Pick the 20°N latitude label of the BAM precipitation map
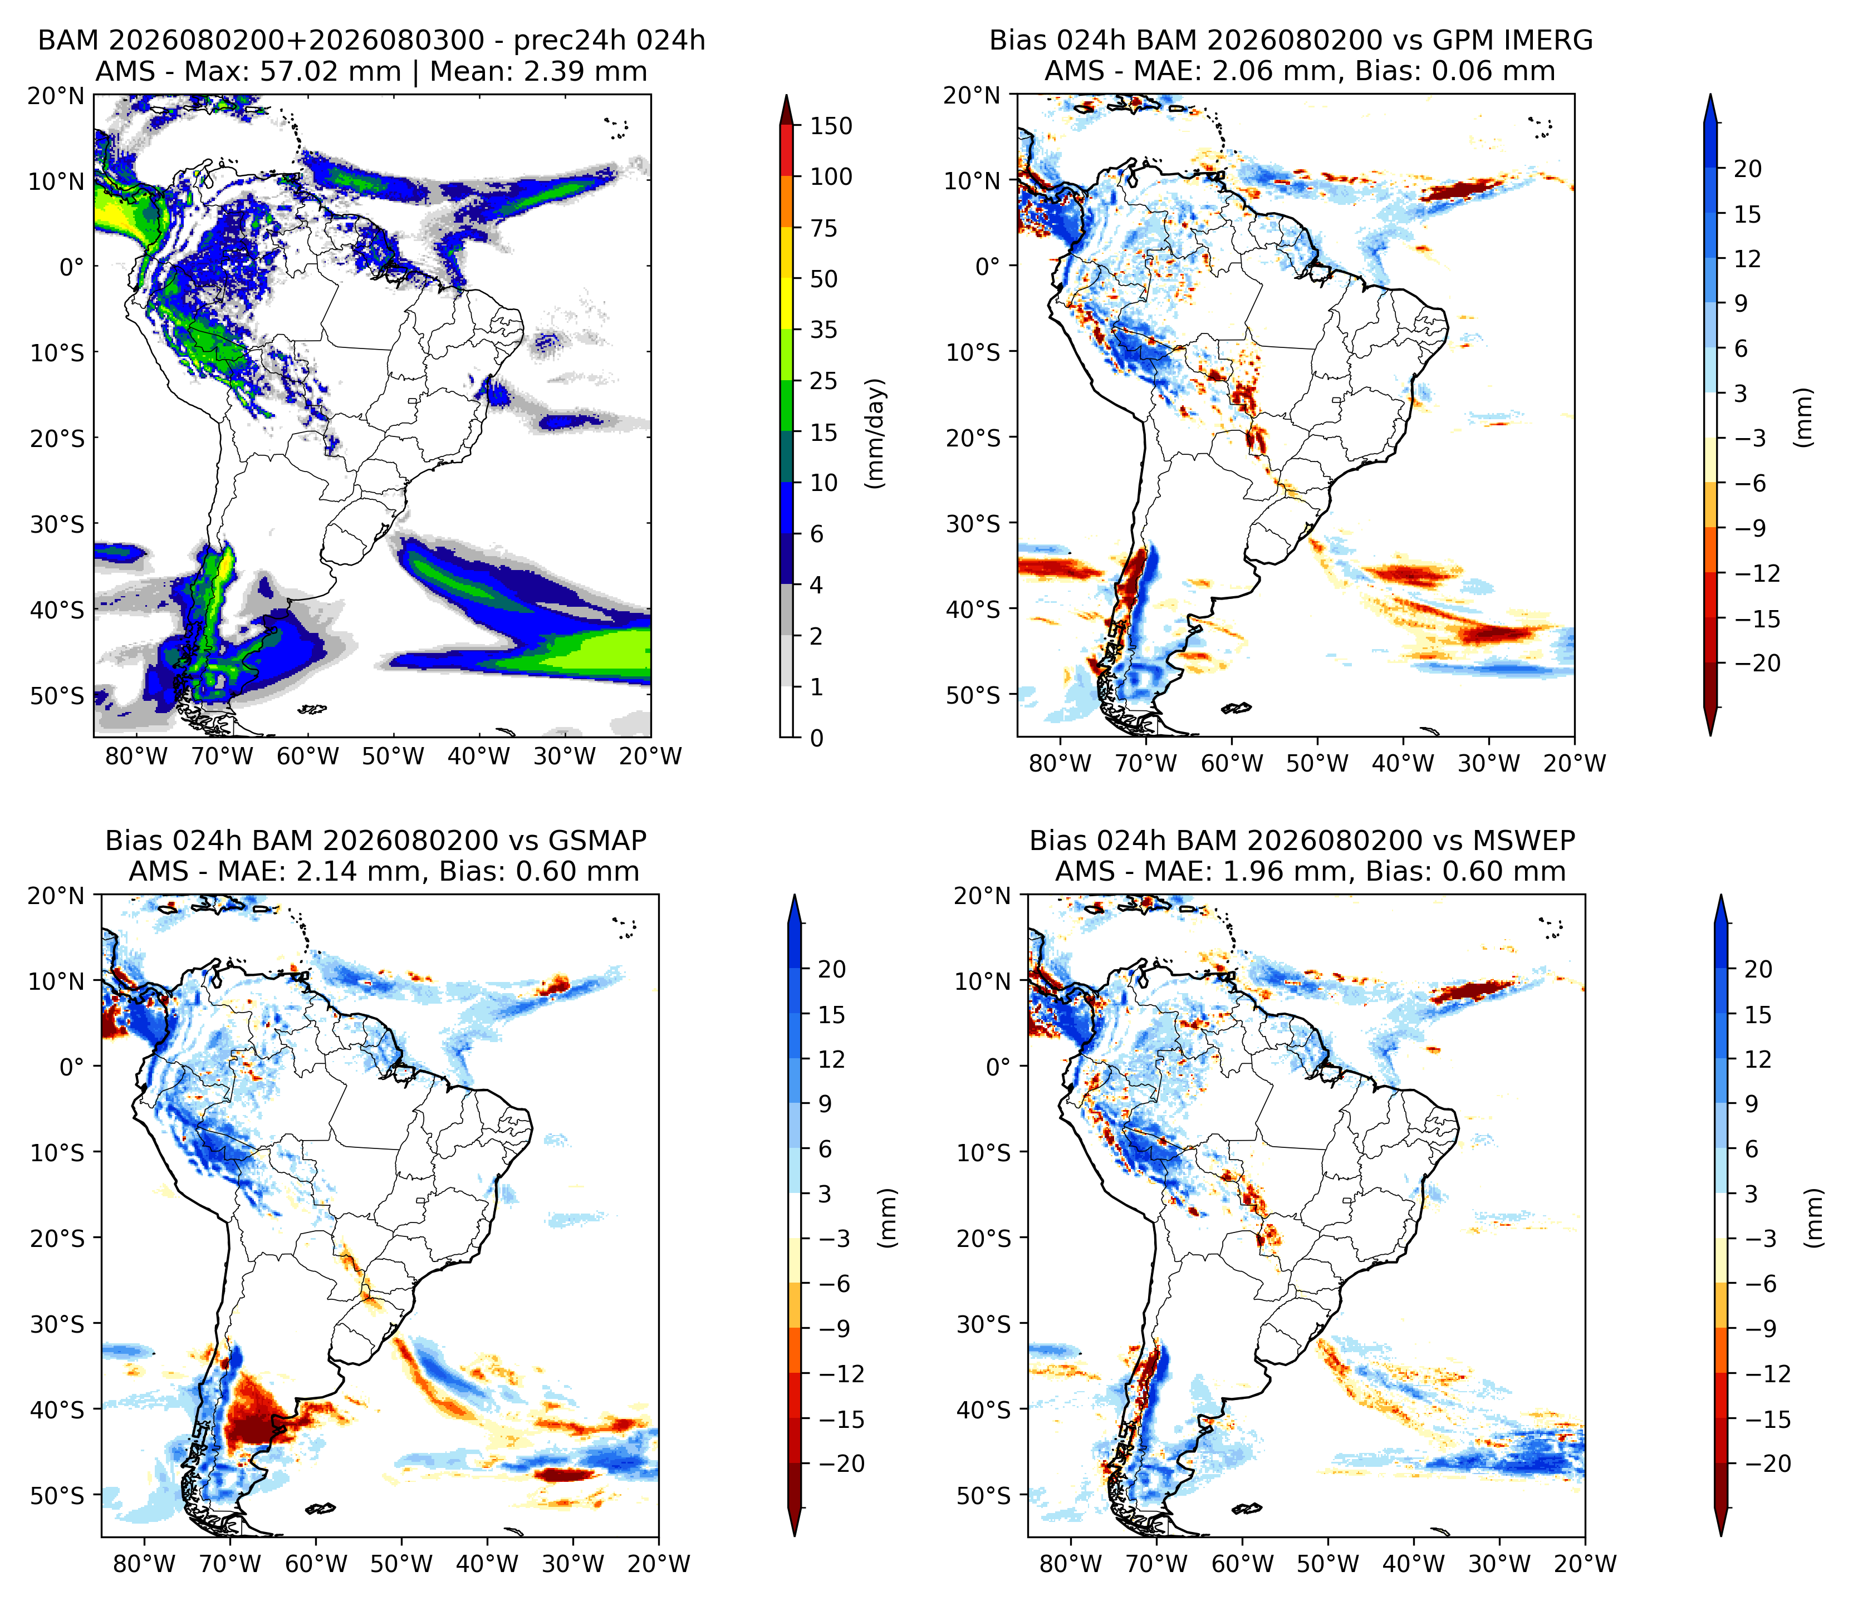tap(56, 96)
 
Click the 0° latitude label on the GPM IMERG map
tap(988, 267)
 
